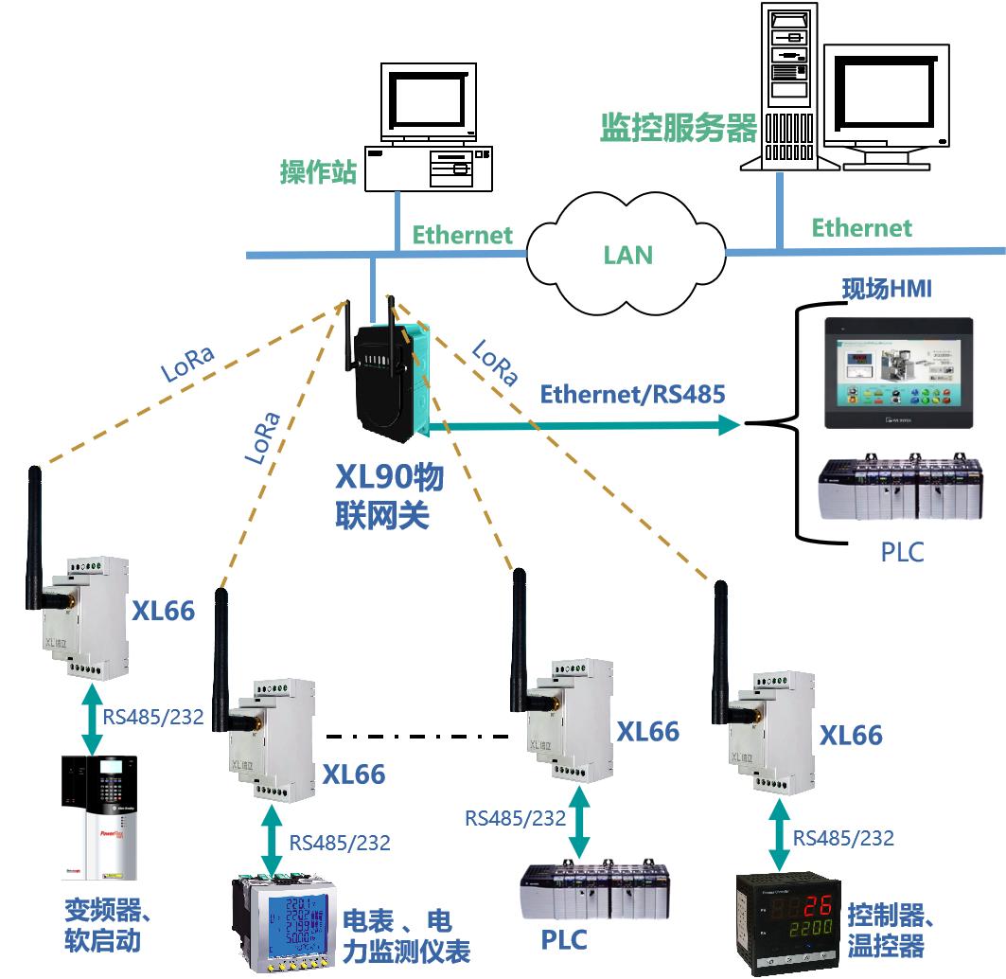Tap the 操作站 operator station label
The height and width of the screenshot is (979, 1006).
(x=318, y=172)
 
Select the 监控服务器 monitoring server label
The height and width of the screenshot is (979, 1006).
(x=679, y=128)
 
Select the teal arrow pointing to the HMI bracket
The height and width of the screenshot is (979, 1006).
(x=587, y=426)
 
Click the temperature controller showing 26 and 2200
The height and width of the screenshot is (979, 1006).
(x=789, y=923)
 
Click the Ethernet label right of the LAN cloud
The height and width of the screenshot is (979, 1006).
(x=861, y=227)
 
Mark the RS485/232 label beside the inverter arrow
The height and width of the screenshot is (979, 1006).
(x=153, y=717)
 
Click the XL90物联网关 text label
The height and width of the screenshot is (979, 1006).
(x=389, y=496)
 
